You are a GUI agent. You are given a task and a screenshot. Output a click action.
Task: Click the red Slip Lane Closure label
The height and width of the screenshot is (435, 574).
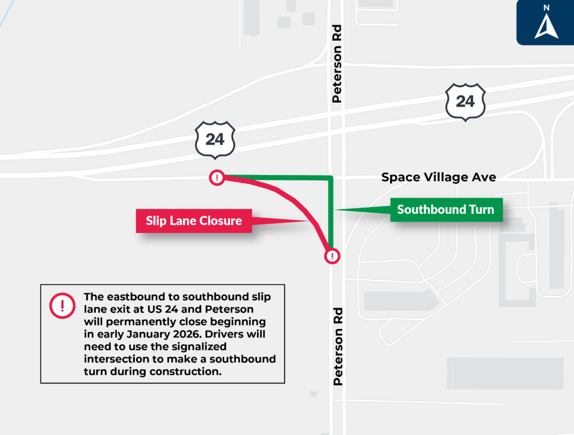pyautogui.click(x=194, y=221)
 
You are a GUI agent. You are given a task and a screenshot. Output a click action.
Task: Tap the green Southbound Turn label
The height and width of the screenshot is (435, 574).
pyautogui.click(x=446, y=210)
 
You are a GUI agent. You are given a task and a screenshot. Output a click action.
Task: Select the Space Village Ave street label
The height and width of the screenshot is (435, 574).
pyautogui.click(x=439, y=177)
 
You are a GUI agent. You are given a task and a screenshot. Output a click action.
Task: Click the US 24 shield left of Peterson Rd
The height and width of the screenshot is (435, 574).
pyautogui.click(x=215, y=139)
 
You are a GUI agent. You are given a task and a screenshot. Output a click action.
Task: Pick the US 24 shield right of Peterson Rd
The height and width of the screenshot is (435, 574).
pyautogui.click(x=465, y=102)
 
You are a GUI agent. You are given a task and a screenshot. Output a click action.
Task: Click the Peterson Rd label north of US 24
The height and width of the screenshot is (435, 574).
pyautogui.click(x=337, y=63)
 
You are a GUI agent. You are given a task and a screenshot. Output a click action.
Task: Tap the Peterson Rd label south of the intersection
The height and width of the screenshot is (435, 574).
pyautogui.click(x=338, y=346)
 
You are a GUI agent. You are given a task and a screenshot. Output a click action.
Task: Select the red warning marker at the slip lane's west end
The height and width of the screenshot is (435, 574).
pyautogui.click(x=217, y=178)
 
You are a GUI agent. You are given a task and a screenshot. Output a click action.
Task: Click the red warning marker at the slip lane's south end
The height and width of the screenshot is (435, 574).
pyautogui.click(x=332, y=256)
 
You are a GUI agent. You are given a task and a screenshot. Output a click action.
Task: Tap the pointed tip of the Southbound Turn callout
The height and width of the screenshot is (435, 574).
pyautogui.click(x=336, y=210)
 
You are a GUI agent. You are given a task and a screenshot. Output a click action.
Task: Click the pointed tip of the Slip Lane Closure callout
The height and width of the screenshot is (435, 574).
pyautogui.click(x=308, y=221)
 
